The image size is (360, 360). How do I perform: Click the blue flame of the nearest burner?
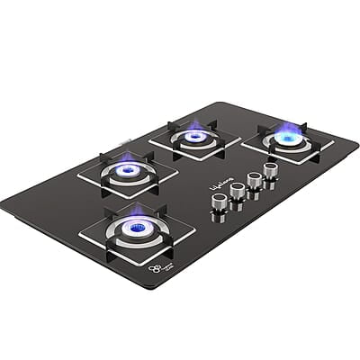click(x=137, y=228)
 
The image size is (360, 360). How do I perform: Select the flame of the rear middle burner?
click(x=195, y=136)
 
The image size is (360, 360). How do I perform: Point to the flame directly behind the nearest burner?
click(x=128, y=168)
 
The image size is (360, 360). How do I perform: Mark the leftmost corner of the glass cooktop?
click(x=3, y=204)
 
